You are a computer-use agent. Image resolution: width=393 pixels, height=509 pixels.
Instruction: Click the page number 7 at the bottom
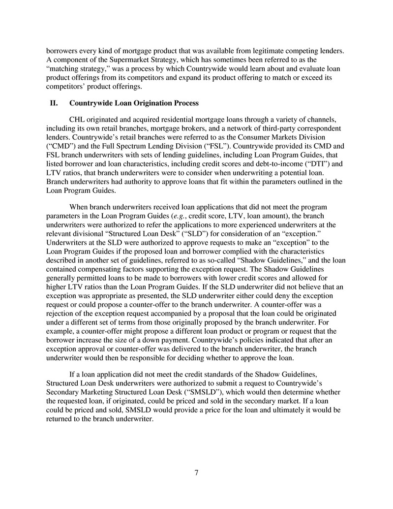196,473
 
